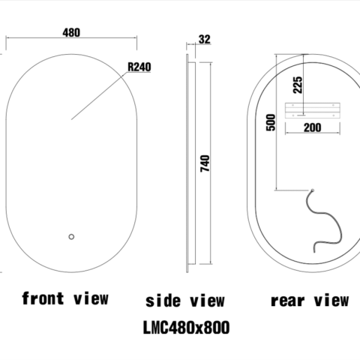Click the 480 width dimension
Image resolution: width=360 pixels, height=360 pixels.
pyautogui.click(x=72, y=32)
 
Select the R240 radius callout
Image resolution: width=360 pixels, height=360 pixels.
pyautogui.click(x=139, y=67)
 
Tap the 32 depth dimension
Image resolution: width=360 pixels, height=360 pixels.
pyautogui.click(x=205, y=40)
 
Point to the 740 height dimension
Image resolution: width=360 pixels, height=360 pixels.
pyautogui.click(x=206, y=163)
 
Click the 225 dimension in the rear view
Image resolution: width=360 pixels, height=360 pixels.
pyautogui.click(x=297, y=84)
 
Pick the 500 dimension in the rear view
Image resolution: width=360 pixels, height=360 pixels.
pyautogui.click(x=271, y=121)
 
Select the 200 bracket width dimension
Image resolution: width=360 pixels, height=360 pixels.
pyautogui.click(x=312, y=127)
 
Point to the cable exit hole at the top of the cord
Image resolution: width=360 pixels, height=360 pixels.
pyautogui.click(x=313, y=189)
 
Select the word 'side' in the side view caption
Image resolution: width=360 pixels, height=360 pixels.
pyautogui.click(x=162, y=301)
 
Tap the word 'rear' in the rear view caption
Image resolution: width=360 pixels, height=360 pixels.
pyautogui.click(x=286, y=301)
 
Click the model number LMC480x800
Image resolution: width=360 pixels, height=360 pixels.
pyautogui.click(x=185, y=328)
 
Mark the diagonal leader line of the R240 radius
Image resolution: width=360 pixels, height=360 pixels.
pyautogui.click(x=97, y=97)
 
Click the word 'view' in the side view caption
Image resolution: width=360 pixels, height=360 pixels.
pyautogui.click(x=205, y=301)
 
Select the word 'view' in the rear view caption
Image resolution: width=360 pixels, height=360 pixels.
pyautogui.click(x=330, y=301)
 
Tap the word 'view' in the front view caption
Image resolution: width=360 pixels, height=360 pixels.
pyautogui.click(x=92, y=298)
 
